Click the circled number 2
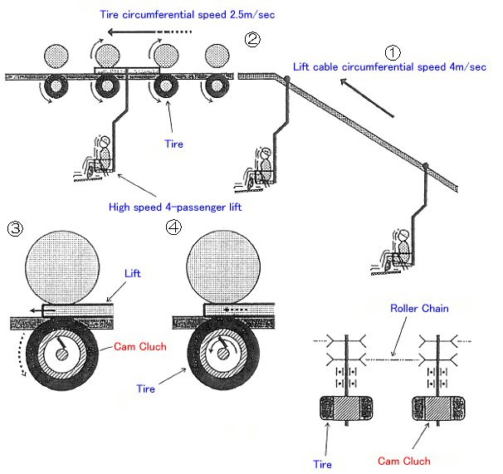(252, 37)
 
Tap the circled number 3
(16, 228)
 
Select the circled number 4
(173, 228)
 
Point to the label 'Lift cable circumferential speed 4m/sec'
(388, 66)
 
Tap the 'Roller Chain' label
(420, 308)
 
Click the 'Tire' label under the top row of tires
(173, 144)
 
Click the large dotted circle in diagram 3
(67, 267)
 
